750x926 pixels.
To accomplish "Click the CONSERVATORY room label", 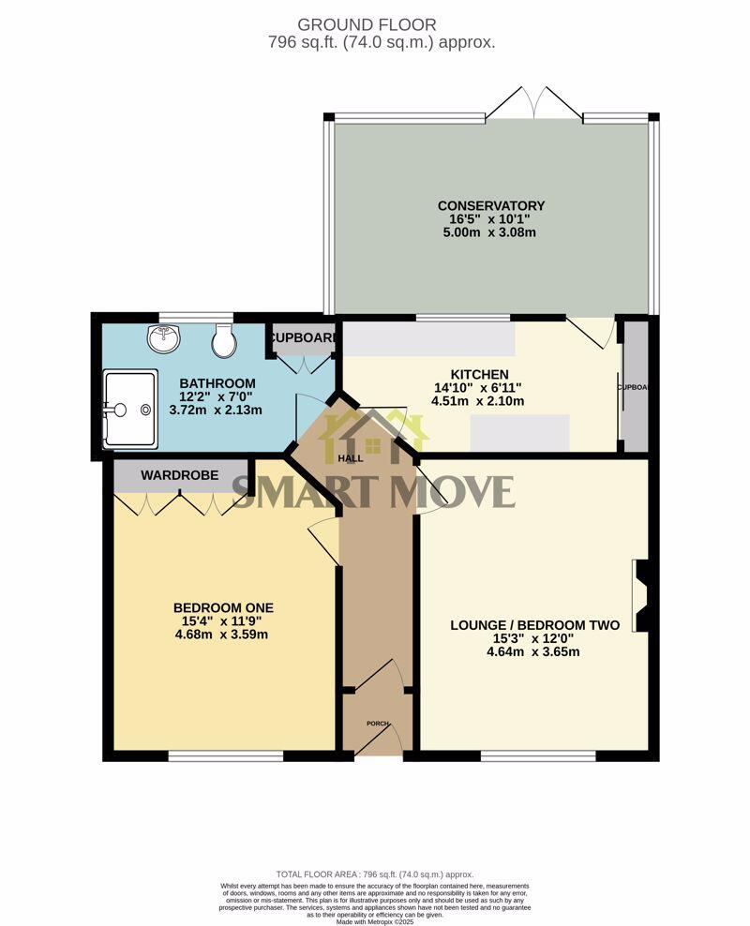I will pos(490,205).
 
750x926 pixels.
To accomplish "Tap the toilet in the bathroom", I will pos(224,340).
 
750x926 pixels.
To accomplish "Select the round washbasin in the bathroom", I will pos(163,338).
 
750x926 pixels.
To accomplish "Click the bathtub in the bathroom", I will pos(130,409).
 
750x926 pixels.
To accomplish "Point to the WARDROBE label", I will pos(180,476).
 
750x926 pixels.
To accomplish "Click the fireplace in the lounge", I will pos(642,595).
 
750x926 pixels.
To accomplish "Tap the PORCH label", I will pos(376,724).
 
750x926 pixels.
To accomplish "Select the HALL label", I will pos(351,458).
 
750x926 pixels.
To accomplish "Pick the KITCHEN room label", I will pos(477,374).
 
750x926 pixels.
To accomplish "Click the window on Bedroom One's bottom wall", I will pos(225,754).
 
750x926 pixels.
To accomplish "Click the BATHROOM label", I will pos(217,382).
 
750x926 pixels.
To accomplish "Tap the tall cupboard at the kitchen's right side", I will pos(636,386).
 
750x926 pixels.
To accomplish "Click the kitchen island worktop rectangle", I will pos(520,432).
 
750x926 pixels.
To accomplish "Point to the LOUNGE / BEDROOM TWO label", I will pos(534,624).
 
